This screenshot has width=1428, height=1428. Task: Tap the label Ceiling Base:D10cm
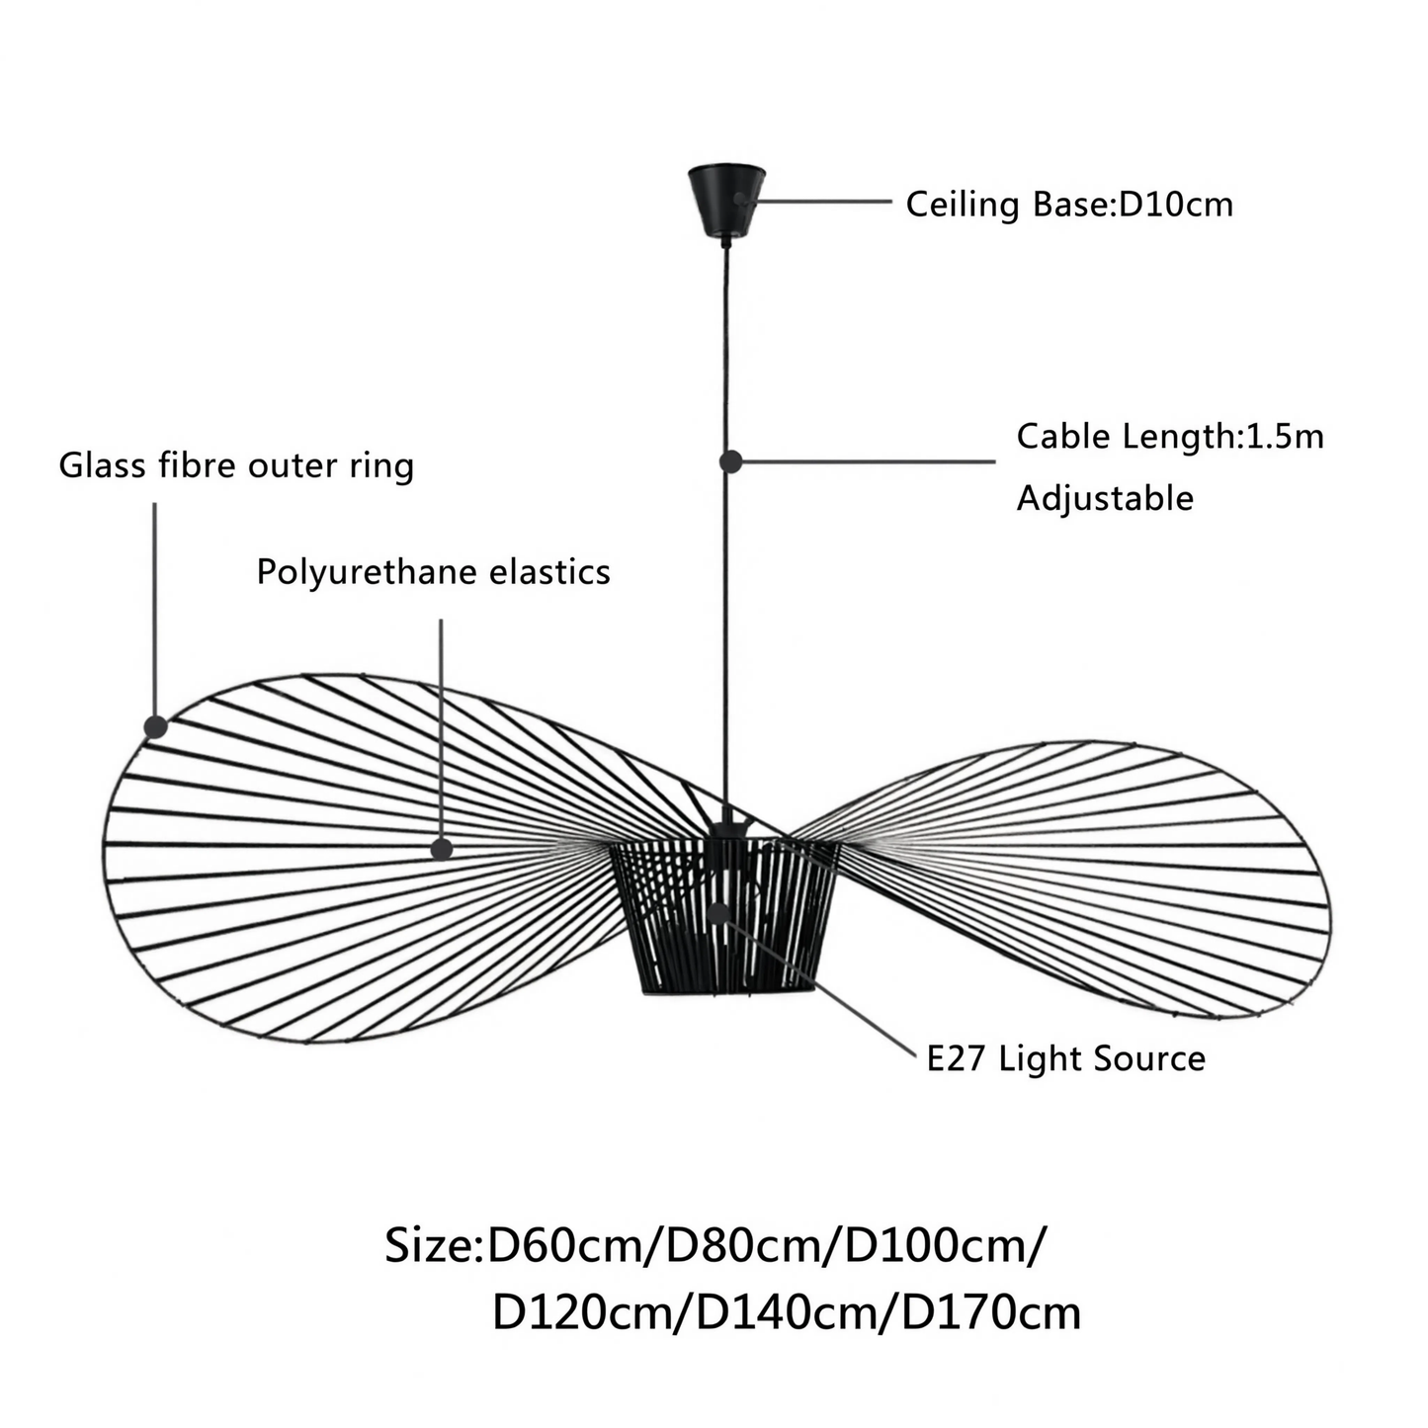tap(1069, 204)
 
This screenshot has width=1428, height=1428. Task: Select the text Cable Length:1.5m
tap(1169, 436)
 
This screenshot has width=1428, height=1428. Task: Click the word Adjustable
tap(1105, 497)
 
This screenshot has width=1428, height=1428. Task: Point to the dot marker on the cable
tap(730, 462)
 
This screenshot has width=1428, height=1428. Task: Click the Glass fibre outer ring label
tap(236, 466)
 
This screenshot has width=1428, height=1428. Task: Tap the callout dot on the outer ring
tap(155, 727)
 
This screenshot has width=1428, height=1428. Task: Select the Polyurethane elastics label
tap(434, 572)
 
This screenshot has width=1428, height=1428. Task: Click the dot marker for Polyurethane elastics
tap(442, 849)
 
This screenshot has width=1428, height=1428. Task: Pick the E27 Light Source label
tap(1066, 1058)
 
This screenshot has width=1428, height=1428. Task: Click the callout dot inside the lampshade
tap(718, 913)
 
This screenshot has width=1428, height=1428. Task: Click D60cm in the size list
tap(567, 1246)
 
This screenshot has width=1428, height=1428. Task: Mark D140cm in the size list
tap(788, 1313)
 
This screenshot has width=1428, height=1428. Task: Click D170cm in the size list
tap(991, 1313)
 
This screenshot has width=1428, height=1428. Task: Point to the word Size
tap(428, 1246)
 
